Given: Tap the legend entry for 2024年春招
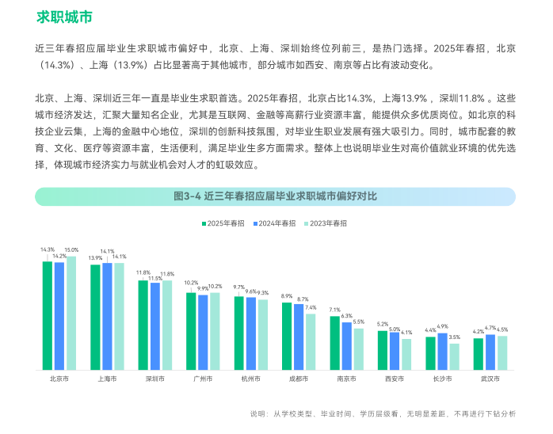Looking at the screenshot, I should pyautogui.click(x=274, y=223).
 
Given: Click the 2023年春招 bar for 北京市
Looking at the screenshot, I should pyautogui.click(x=71, y=313).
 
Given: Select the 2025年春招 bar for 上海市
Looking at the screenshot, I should pyautogui.click(x=95, y=317).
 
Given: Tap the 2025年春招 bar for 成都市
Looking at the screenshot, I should pyautogui.click(x=287, y=336).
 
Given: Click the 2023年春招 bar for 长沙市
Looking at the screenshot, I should pyautogui.click(x=454, y=356).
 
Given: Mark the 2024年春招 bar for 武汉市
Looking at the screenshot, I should pyautogui.click(x=490, y=352).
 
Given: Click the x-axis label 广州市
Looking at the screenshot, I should pyautogui.click(x=203, y=379).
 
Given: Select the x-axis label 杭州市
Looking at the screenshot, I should pyautogui.click(x=250, y=379).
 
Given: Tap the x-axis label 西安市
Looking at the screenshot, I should pyautogui.click(x=395, y=379).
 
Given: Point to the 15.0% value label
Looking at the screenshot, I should pyautogui.click(x=71, y=250).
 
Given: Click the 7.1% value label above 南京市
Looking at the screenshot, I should pyautogui.click(x=335, y=310).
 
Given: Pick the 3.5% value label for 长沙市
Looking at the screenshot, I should pyautogui.click(x=454, y=337).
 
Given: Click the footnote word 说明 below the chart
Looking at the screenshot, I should pyautogui.click(x=258, y=414).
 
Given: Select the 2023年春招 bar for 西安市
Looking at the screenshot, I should pyautogui.click(x=406, y=354).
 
